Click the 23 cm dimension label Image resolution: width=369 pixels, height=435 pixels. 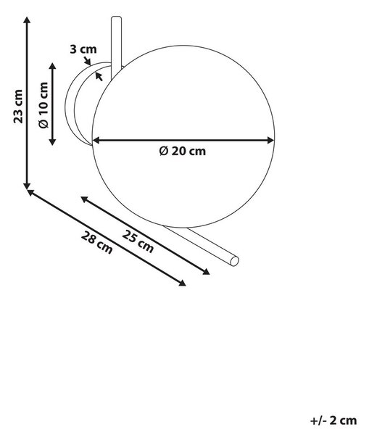(18, 107)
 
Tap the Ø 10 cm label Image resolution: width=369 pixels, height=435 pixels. (43, 105)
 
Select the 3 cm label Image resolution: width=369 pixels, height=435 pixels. (83, 49)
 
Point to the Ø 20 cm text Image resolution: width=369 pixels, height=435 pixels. (183, 152)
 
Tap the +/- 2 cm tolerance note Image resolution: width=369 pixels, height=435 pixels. (333, 420)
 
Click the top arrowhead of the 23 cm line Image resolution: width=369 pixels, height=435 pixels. (27, 19)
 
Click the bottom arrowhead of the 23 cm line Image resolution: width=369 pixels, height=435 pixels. (27, 186)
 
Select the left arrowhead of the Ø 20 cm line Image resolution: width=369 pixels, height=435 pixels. (95, 141)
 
